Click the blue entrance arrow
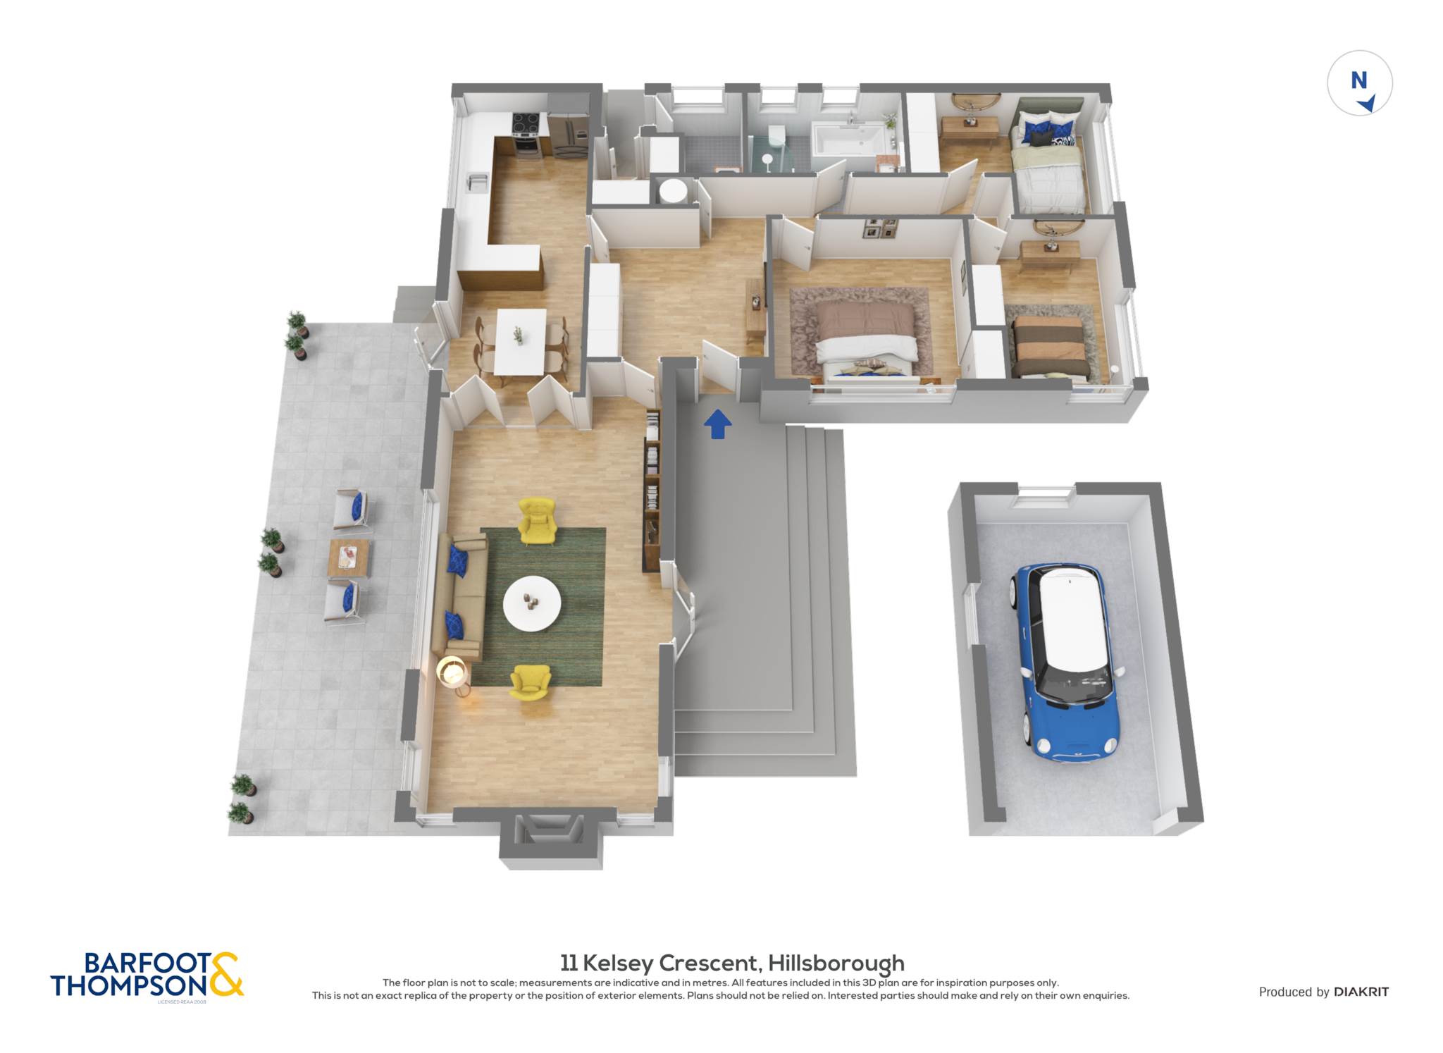click(x=717, y=424)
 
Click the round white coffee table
click(x=532, y=604)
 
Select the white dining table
click(x=520, y=342)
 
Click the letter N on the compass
click(x=1358, y=81)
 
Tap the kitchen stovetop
click(x=525, y=125)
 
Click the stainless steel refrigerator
click(x=568, y=134)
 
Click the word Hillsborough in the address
click(x=836, y=963)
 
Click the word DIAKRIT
click(x=1361, y=992)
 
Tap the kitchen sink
click(x=478, y=182)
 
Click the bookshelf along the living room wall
click(x=652, y=491)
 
